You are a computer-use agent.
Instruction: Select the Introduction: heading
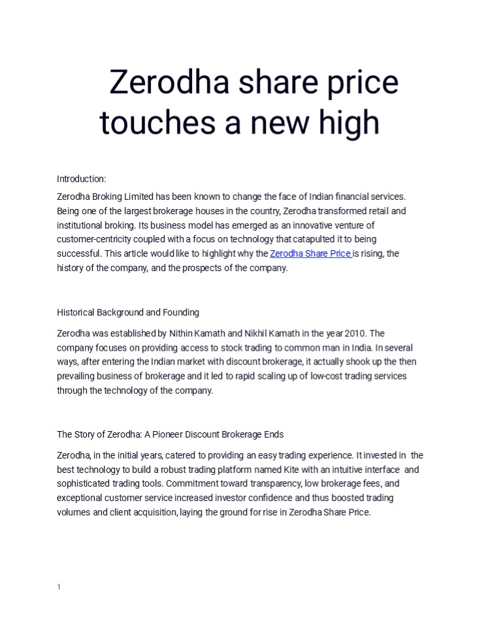82,179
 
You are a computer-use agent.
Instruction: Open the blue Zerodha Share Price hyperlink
310,254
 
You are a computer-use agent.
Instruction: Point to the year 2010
355,334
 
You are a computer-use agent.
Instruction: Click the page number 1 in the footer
59,587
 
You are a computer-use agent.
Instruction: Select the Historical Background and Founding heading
128,312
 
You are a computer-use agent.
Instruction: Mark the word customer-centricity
95,240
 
